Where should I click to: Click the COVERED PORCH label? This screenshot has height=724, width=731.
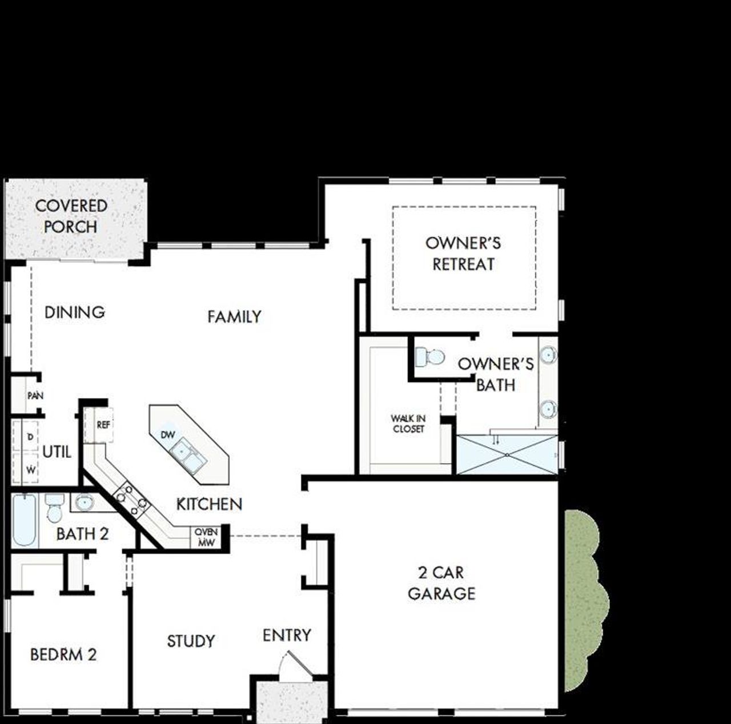[71, 216]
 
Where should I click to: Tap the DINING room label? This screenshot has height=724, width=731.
[75, 312]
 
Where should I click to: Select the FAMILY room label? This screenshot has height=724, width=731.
[234, 316]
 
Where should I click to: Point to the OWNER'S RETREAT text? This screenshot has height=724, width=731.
[463, 254]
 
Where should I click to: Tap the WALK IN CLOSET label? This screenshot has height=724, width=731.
[408, 424]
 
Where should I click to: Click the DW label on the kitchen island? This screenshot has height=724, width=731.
[167, 435]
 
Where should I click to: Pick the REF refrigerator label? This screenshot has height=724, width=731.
[103, 425]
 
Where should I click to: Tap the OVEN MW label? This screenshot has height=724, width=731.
[206, 537]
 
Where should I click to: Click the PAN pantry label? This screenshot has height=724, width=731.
[35, 395]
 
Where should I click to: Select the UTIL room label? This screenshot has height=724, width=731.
[57, 452]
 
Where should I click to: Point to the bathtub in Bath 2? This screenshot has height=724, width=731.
[25, 520]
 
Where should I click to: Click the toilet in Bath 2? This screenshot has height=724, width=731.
[55, 509]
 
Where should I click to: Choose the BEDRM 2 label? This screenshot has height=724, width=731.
[63, 654]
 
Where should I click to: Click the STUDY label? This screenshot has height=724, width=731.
[191, 641]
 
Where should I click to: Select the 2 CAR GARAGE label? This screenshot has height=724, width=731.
[441, 583]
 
